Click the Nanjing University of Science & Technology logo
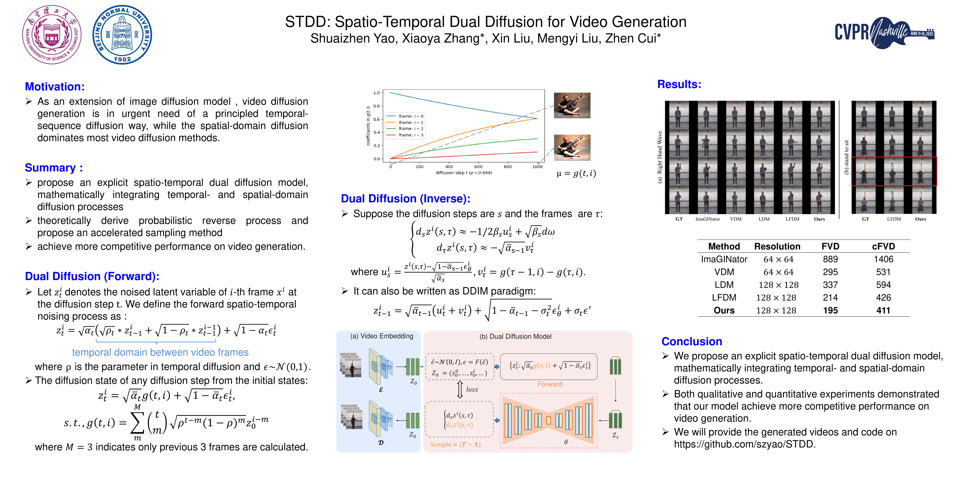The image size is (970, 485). (x=52, y=35)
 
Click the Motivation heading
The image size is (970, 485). (x=55, y=87)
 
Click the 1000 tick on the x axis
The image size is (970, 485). (x=537, y=167)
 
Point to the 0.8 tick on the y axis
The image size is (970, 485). (x=377, y=106)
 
